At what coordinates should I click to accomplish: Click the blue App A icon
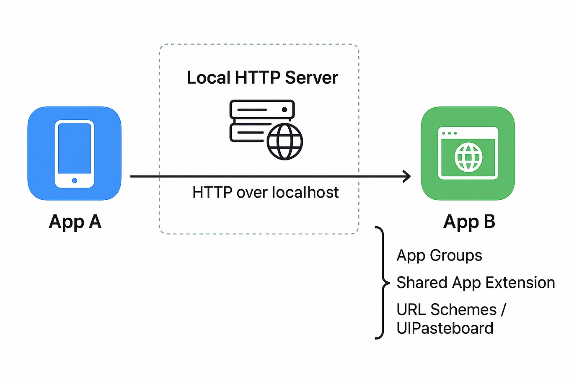74,153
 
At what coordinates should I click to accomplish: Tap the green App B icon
468,153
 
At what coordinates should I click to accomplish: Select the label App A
75,222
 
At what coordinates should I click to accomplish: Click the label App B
469,222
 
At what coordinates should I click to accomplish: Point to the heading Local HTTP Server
262,77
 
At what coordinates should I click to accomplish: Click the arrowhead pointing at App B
407,176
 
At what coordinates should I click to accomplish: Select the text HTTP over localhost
265,192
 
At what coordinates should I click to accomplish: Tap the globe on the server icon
285,142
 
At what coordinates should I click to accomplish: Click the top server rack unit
262,109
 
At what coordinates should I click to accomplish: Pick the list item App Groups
439,255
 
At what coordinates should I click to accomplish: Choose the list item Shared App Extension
476,283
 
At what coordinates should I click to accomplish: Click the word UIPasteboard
445,328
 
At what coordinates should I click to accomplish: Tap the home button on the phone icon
75,180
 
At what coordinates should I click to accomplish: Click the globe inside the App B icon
468,157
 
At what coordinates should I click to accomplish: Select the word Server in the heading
311,77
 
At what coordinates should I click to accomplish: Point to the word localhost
305,192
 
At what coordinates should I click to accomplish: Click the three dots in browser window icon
450,134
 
